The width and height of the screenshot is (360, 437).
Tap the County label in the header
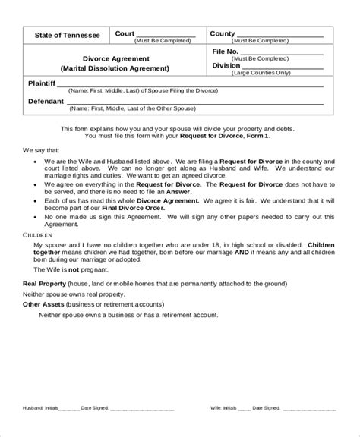pos(223,33)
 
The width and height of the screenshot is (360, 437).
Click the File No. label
pos(226,51)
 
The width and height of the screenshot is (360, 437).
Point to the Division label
pos(227,65)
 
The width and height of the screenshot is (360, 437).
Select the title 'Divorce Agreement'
pos(116,58)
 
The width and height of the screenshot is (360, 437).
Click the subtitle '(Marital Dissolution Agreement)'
pos(116,68)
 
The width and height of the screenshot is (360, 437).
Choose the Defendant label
pos(46,101)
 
